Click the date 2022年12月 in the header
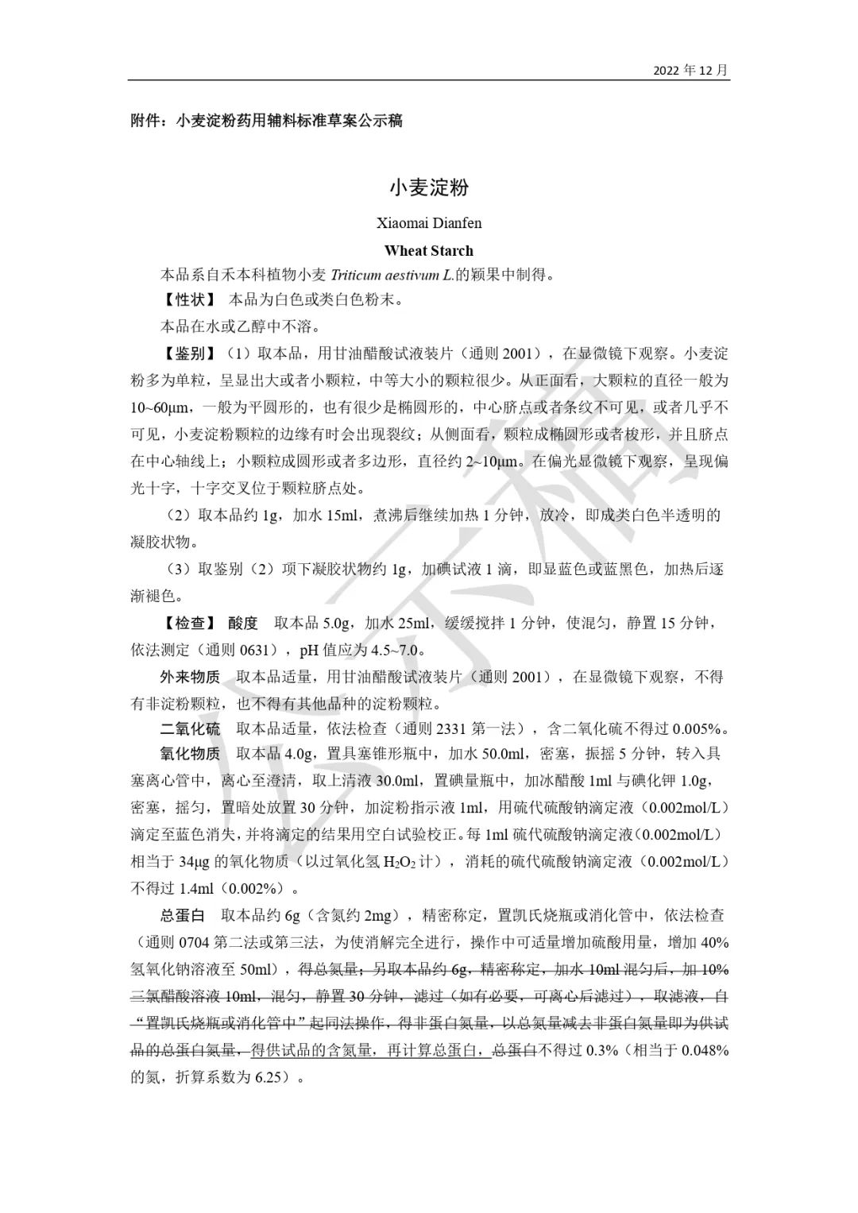(x=690, y=71)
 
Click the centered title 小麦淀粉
(x=429, y=187)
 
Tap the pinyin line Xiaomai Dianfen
(x=429, y=223)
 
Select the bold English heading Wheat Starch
(x=429, y=251)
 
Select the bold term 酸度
(x=243, y=623)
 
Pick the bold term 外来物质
(x=190, y=677)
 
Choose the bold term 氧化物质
(x=190, y=753)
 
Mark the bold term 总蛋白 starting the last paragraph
(x=182, y=916)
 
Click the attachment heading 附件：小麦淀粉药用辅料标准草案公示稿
(x=267, y=121)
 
